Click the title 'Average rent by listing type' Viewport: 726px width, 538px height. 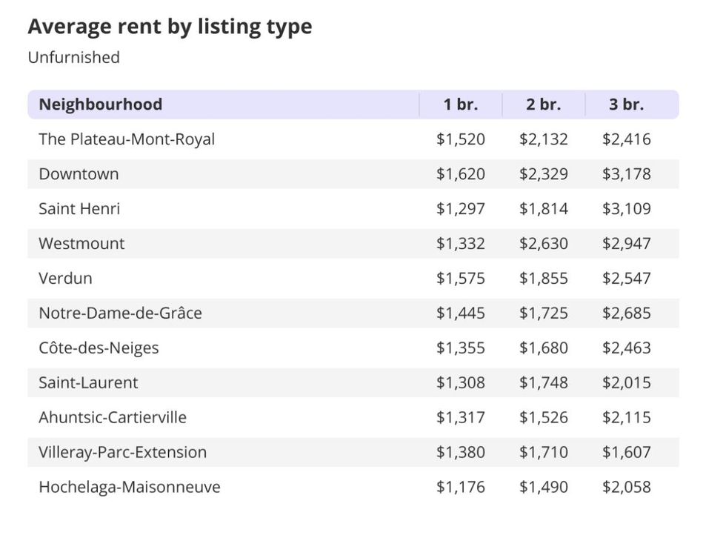tap(170, 27)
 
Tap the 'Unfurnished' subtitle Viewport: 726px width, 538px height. tap(73, 57)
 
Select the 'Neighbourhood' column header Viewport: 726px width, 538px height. tap(100, 104)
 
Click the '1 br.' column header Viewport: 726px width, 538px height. tap(461, 104)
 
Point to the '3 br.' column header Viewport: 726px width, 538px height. tap(626, 104)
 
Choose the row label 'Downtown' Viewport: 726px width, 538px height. tap(79, 174)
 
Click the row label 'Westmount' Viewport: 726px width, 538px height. tap(81, 244)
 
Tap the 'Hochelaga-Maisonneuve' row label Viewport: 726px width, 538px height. tap(129, 487)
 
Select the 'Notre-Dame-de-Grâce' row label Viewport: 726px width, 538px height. tap(120, 313)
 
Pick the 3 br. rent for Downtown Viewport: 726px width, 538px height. tap(626, 174)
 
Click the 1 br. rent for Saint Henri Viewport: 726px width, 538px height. tap(461, 209)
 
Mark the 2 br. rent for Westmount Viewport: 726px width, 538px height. tap(544, 244)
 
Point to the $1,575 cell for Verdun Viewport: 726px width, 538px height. tap(461, 279)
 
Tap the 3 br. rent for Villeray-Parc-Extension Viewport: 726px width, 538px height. tap(626, 452)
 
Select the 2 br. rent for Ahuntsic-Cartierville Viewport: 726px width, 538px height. tap(544, 417)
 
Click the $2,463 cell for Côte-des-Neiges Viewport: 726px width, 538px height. tap(626, 348)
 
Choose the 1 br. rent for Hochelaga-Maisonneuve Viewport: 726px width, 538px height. tap(461, 487)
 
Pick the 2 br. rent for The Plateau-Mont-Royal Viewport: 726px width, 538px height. tap(544, 139)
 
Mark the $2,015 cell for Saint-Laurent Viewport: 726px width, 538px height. tap(626, 382)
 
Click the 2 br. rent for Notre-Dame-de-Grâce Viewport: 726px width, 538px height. tap(544, 313)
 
